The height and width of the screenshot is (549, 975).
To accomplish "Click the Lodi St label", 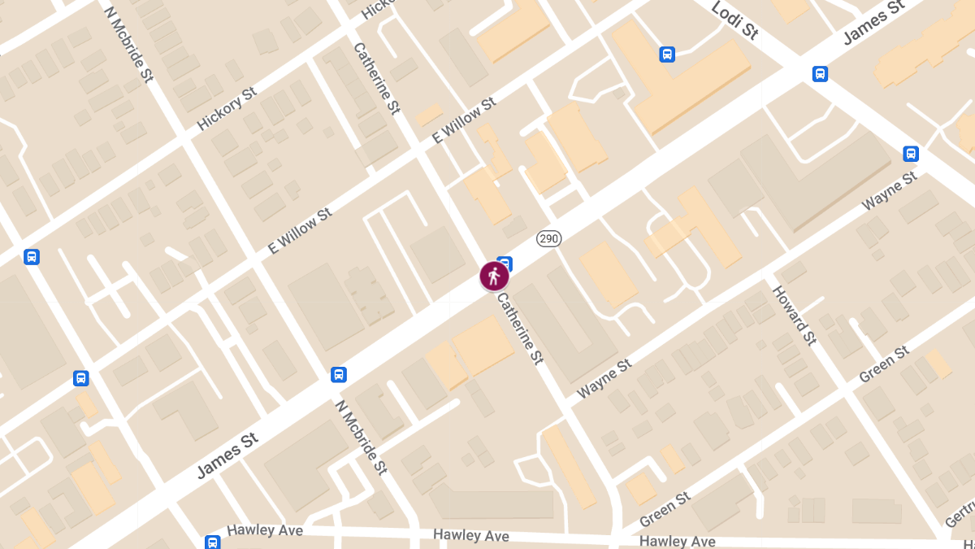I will coord(734,20).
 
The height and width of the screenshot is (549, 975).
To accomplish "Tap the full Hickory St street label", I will coord(227,109).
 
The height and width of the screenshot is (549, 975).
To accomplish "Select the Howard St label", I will coord(794,316).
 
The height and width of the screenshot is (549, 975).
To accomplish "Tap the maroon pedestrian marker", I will coord(494,277).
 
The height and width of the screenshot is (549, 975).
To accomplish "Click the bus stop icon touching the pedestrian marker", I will coord(505,263).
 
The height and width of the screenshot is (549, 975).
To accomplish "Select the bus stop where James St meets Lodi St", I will coord(820,74).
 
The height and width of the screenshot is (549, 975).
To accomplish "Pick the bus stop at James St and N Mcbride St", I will coord(339,375).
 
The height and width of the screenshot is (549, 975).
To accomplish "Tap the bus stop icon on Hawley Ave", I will coord(212,542).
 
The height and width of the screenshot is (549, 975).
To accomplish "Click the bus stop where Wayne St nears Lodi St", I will coord(911,154).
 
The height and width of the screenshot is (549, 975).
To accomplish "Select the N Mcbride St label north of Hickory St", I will coord(129,45).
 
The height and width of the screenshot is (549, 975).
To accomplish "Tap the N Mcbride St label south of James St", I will coord(360,438).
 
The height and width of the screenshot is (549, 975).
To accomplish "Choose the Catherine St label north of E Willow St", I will coord(376,78).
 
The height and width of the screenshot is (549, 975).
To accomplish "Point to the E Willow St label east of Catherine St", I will coord(464,121).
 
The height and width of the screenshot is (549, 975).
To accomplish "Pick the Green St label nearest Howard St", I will coord(884,365).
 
